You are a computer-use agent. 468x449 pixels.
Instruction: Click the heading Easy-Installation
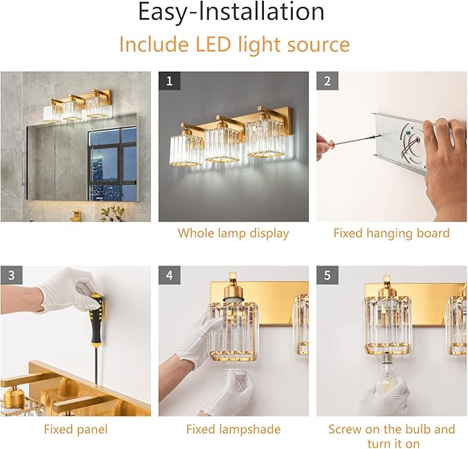click(x=231, y=12)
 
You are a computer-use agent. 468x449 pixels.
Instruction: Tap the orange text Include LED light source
click(x=234, y=45)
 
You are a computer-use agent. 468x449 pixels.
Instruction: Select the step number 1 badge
click(x=169, y=81)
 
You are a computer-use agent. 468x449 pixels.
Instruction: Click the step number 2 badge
click(x=327, y=81)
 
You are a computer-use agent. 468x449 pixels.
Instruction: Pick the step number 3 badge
click(x=11, y=275)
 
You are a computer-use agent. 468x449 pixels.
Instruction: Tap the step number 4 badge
click(x=169, y=275)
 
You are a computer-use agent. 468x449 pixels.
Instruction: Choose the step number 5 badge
click(x=327, y=275)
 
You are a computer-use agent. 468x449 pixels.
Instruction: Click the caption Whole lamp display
click(x=233, y=233)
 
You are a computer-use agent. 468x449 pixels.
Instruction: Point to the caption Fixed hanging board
click(x=391, y=233)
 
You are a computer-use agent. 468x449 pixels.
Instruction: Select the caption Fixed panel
click(x=75, y=429)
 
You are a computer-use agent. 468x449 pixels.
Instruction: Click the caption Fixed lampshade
click(x=233, y=429)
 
